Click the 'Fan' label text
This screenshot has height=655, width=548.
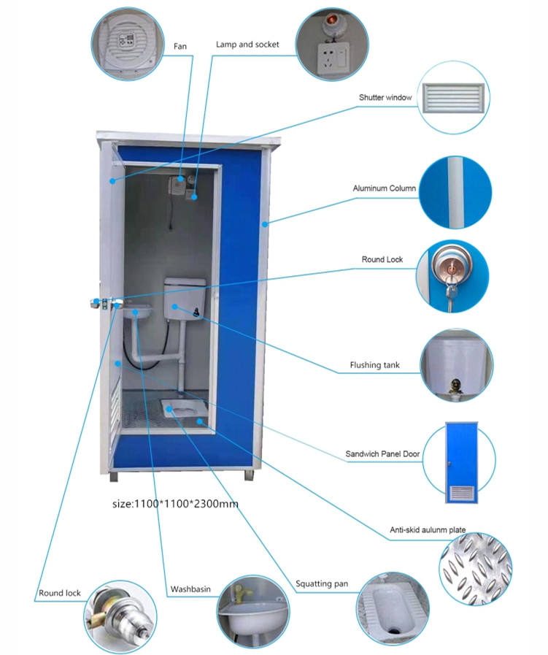tap(179, 46)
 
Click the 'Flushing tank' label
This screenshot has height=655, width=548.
tap(373, 364)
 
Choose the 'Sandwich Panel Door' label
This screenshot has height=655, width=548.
tap(383, 454)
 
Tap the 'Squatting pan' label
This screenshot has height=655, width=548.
tap(322, 583)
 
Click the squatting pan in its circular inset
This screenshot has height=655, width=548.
tap(390, 609)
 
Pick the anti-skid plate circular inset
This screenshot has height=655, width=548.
tap(474, 566)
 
